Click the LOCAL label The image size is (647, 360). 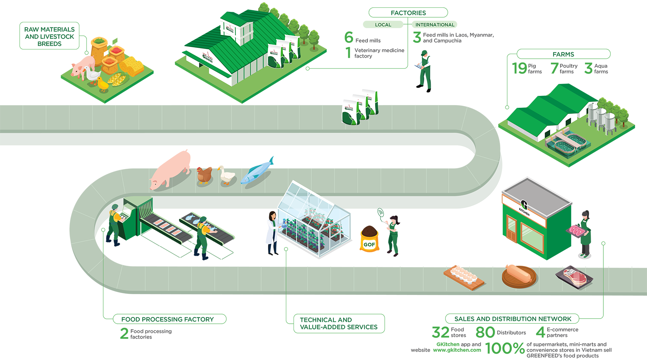tap(383, 25)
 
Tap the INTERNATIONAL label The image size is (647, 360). tap(435, 25)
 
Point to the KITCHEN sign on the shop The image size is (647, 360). tap(524, 212)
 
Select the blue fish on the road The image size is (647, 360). tap(259, 168)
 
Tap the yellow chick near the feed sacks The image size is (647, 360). tap(102, 85)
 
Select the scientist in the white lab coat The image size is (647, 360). tap(268, 233)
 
